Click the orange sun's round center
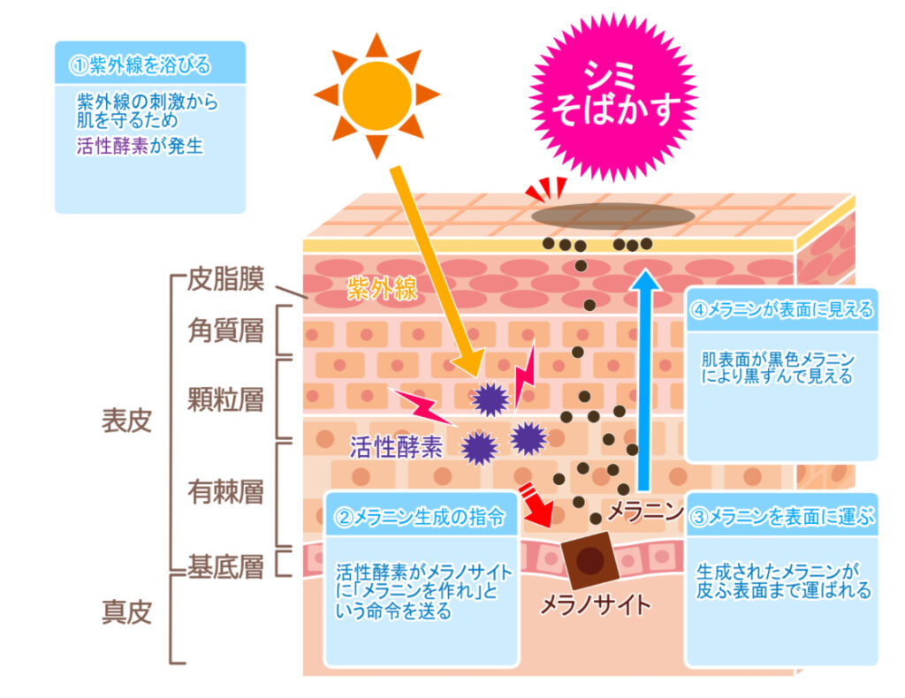(x=376, y=95)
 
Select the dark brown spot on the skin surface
(x=613, y=216)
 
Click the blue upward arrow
(x=644, y=380)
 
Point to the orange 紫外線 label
(x=382, y=288)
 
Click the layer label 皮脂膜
(x=225, y=279)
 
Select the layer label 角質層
(x=225, y=331)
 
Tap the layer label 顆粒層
(x=225, y=399)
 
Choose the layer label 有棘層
(x=225, y=492)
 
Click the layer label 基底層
(x=225, y=566)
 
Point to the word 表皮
(x=127, y=421)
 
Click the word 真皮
(x=127, y=612)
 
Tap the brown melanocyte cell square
(x=589, y=559)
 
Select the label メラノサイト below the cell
(x=595, y=605)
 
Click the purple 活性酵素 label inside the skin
(x=396, y=447)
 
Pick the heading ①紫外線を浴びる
(x=141, y=65)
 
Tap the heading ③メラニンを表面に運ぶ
(x=783, y=517)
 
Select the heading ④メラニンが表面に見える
(x=782, y=310)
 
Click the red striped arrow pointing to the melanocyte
(x=536, y=505)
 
